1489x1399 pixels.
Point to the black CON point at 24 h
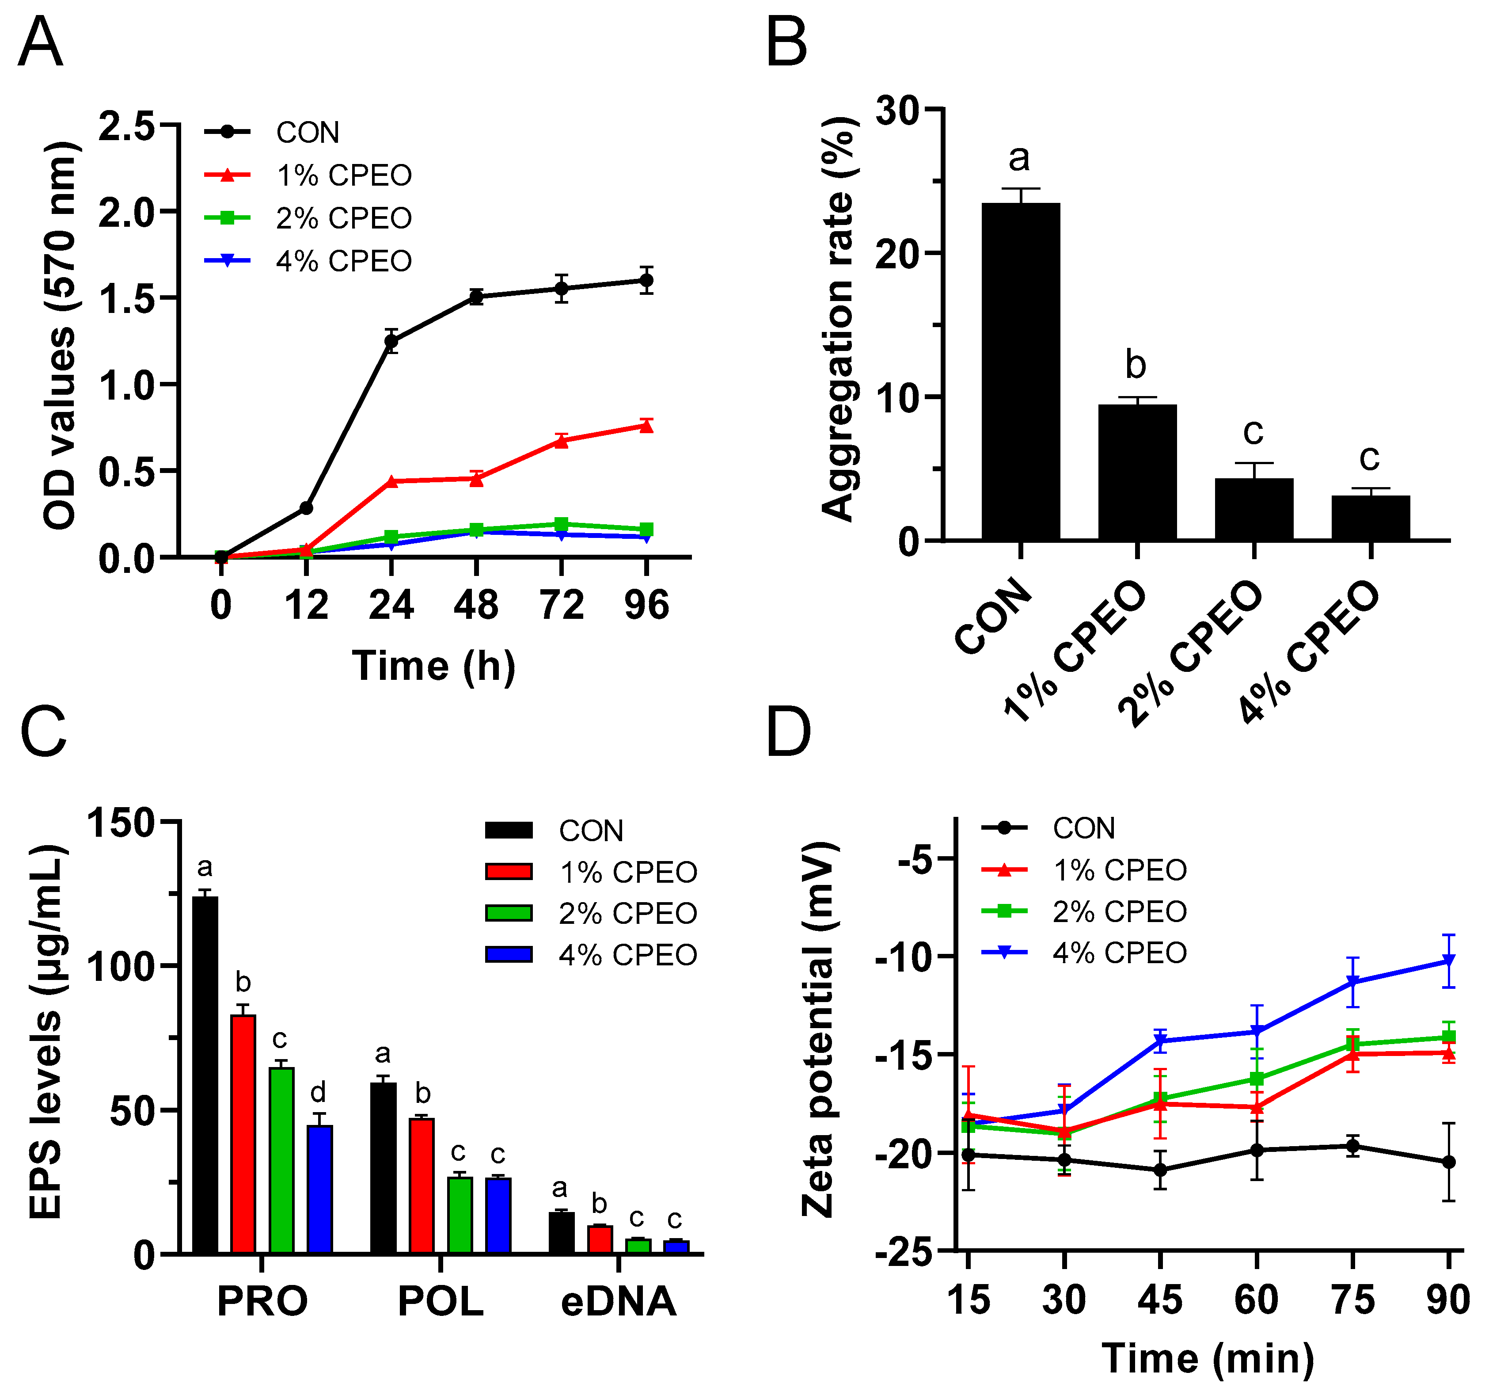(x=391, y=341)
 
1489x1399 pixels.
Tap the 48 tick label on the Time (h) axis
(x=476, y=605)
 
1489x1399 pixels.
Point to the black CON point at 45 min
(x=1160, y=1169)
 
